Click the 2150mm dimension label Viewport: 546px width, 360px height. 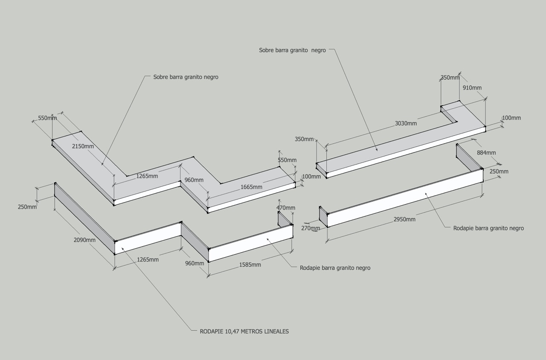[83, 146]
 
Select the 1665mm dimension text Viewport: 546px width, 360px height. [251, 187]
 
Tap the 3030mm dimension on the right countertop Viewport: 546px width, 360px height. [406, 123]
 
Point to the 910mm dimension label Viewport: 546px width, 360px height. [472, 88]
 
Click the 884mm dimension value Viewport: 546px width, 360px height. [486, 153]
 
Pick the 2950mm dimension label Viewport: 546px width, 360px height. [404, 219]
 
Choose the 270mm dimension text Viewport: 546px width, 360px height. [311, 228]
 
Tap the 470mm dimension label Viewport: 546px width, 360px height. [286, 208]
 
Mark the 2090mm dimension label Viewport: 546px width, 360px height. [84, 240]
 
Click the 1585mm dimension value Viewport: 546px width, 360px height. [250, 264]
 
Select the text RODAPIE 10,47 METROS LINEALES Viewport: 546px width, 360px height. [244, 331]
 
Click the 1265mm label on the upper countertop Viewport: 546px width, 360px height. [147, 176]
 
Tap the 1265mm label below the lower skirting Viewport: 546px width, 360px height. [148, 259]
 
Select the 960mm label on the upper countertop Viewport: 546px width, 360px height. [194, 180]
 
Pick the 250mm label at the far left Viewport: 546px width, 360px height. [27, 207]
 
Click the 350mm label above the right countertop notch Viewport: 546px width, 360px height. [450, 78]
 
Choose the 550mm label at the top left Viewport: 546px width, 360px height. [47, 118]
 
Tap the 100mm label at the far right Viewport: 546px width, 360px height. [511, 118]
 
